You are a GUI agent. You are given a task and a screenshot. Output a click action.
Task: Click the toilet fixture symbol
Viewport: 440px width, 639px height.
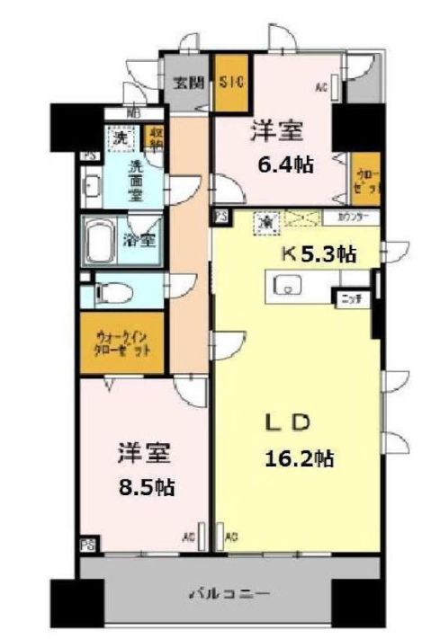(x=109, y=292)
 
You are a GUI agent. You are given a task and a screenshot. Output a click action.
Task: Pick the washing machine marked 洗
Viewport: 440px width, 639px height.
(x=119, y=139)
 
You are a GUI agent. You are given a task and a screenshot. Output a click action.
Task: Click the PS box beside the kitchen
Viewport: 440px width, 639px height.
(x=220, y=217)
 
